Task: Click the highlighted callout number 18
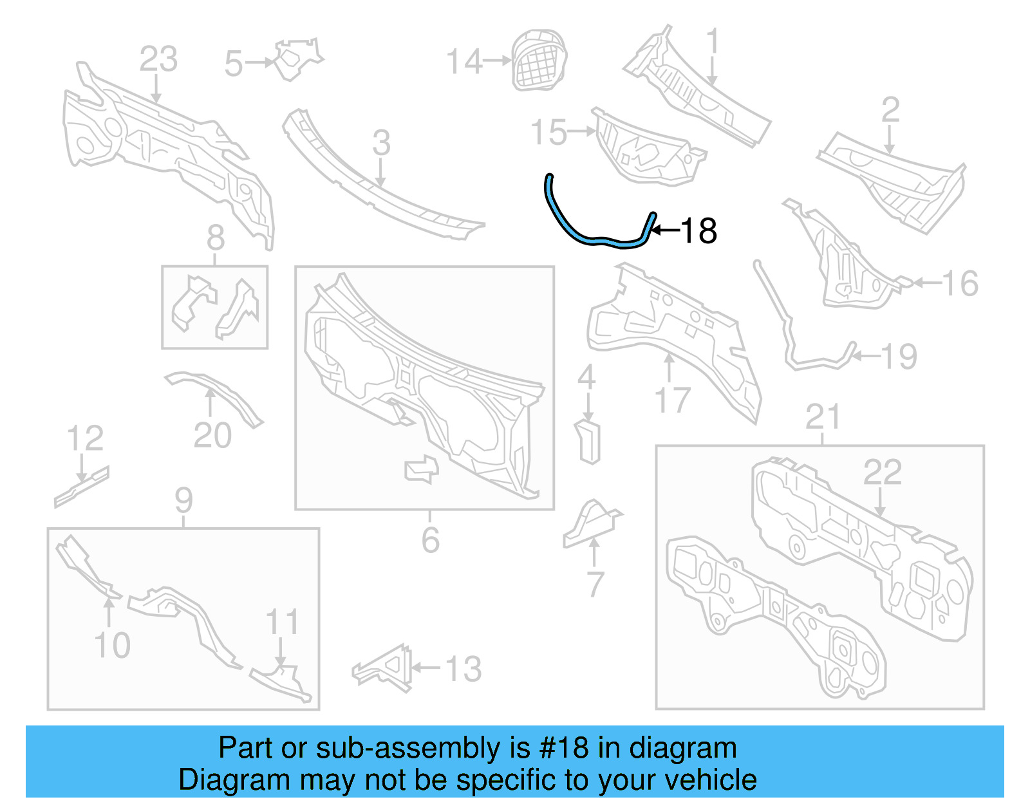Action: [698, 231]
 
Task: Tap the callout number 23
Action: [158, 59]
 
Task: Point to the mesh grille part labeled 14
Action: [539, 59]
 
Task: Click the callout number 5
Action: [234, 64]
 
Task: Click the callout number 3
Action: [381, 143]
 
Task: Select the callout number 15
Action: [548, 133]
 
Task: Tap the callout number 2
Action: [890, 110]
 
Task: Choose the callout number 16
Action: [960, 283]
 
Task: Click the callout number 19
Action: [899, 357]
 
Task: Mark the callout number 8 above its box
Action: [215, 238]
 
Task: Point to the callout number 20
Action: [212, 436]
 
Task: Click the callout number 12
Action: [85, 438]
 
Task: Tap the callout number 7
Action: [595, 584]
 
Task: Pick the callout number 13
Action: [464, 669]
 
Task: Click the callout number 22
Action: [882, 472]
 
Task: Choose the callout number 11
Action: [283, 622]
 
